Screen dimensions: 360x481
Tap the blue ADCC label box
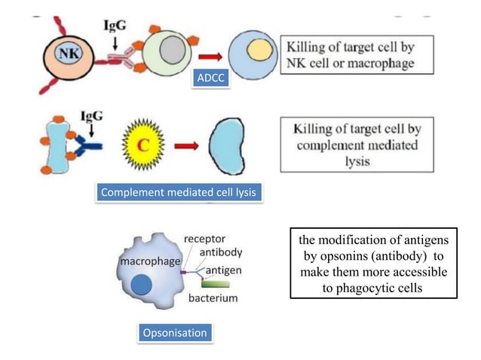coord(210,78)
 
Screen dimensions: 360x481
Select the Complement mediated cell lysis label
coord(178,194)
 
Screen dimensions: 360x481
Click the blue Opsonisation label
coord(174,332)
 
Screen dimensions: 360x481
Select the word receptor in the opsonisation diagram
coord(204,239)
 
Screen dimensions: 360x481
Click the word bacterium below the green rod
coord(213,298)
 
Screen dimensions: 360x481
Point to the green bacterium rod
coord(216,284)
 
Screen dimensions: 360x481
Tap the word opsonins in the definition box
coord(339,255)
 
